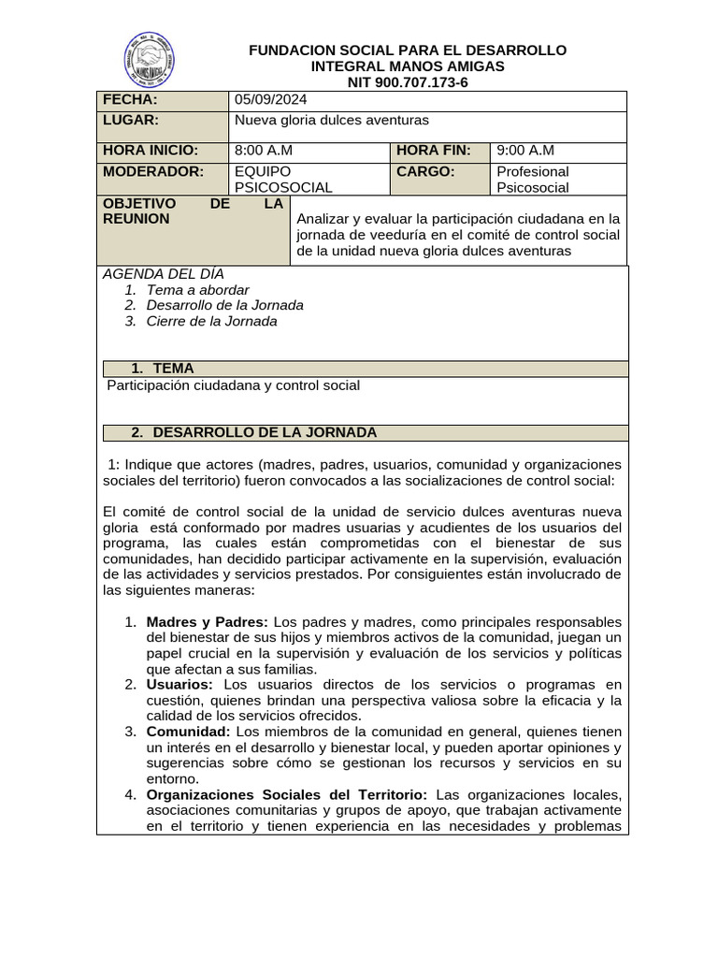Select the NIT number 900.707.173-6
pyautogui.click(x=408, y=82)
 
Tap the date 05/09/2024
pyautogui.click(x=270, y=100)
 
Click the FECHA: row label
pyautogui.click(x=131, y=100)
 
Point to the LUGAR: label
pyautogui.click(x=131, y=120)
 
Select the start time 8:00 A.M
pyautogui.click(x=264, y=150)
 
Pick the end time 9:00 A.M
pyautogui.click(x=525, y=150)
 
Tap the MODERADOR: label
pyautogui.click(x=153, y=171)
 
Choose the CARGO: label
pyautogui.click(x=425, y=171)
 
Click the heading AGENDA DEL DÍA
pyautogui.click(x=164, y=273)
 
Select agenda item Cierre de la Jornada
pyautogui.click(x=212, y=321)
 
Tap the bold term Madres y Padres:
pyautogui.click(x=208, y=622)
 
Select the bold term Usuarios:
pyautogui.click(x=179, y=685)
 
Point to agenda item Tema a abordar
pyautogui.click(x=198, y=289)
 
